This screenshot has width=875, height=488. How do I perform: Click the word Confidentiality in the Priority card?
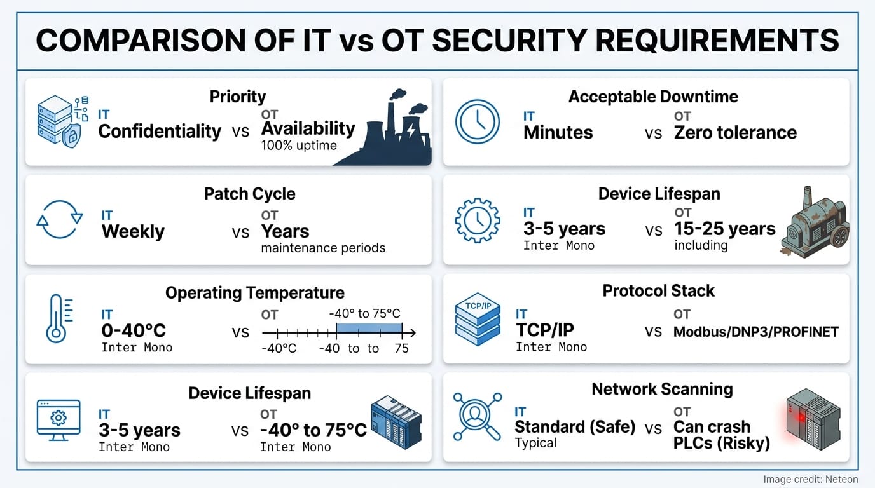click(160, 132)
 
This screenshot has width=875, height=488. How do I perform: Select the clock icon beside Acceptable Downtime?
click(478, 121)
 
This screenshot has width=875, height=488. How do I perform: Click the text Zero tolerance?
click(735, 132)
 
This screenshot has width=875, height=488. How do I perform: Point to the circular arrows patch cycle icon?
click(59, 220)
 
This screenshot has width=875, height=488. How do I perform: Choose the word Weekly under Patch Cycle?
click(133, 231)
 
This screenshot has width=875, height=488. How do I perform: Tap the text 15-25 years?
click(725, 229)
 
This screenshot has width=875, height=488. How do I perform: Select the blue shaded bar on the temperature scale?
click(369, 328)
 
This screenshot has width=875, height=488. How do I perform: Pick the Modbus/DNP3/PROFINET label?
click(755, 332)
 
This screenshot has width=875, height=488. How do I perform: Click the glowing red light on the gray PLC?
click(796, 416)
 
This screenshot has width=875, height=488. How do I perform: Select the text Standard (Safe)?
click(575, 427)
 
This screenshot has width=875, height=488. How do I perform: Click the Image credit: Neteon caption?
click(810, 479)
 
